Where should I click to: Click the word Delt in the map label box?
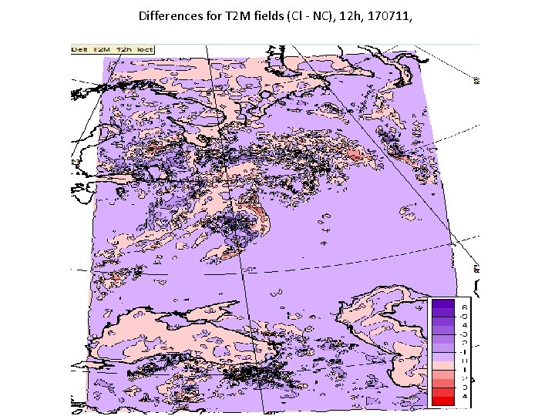(x=79, y=49)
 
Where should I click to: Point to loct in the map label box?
(x=144, y=49)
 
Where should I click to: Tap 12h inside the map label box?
(x=123, y=49)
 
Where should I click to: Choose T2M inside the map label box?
(x=101, y=49)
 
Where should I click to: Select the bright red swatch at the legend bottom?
(x=444, y=399)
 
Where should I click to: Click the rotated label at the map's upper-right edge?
(x=477, y=79)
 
